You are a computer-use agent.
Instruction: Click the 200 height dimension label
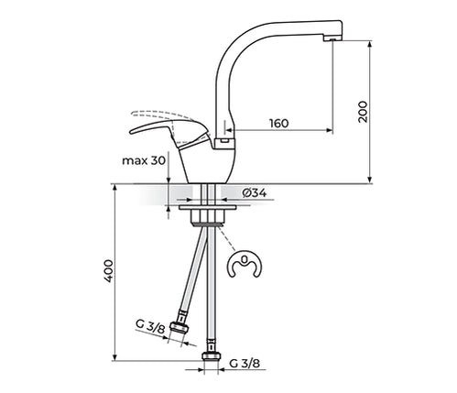[x=363, y=112]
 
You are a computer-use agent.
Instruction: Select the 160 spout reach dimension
[x=278, y=124]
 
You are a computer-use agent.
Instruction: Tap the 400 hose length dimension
[x=109, y=271]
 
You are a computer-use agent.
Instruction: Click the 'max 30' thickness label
[x=144, y=160]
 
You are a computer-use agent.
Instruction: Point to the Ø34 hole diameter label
[x=255, y=193]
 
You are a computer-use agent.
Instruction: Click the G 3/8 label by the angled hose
[x=150, y=326]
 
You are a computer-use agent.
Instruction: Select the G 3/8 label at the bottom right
[x=245, y=364]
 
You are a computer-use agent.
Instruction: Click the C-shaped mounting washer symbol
[x=245, y=265]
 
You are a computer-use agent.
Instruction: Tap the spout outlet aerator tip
[x=332, y=38]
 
